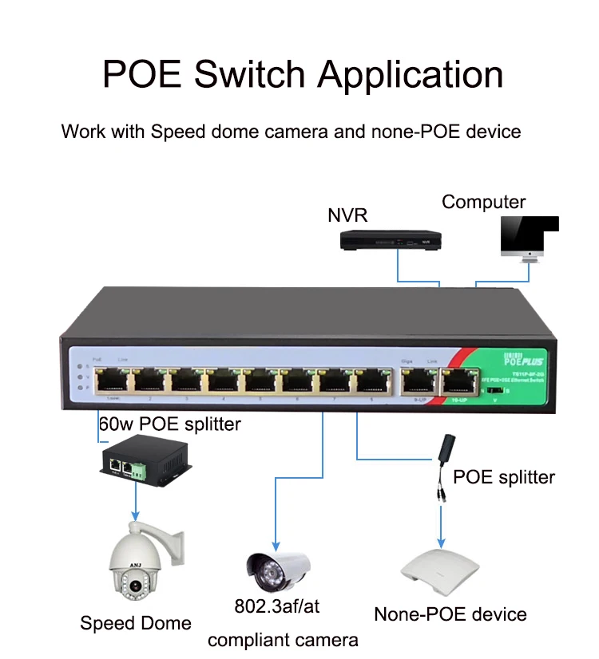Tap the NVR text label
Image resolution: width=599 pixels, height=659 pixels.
tap(345, 215)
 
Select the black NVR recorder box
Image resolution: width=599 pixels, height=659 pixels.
tap(392, 239)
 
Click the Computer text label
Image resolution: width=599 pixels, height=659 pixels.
tap(484, 202)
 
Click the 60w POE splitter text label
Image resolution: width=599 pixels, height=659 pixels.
tap(169, 424)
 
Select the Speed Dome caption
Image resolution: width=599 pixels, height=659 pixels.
tap(136, 623)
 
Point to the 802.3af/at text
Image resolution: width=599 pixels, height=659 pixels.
tap(276, 607)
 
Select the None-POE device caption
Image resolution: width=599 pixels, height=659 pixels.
tap(450, 614)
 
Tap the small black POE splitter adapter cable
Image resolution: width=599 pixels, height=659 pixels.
tap(442, 472)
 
